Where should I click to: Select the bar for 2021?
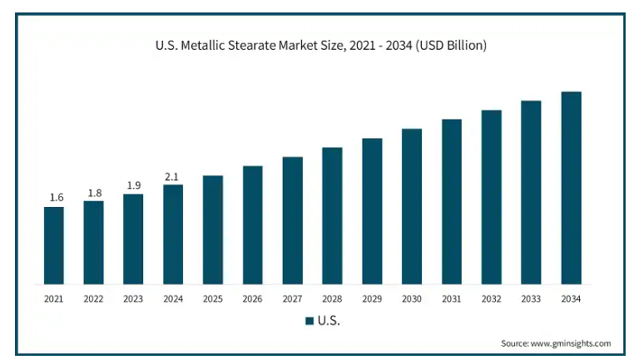tap(53, 244)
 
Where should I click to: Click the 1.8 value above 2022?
tap(95, 193)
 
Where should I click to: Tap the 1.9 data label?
tap(134, 185)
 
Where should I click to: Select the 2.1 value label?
tap(172, 176)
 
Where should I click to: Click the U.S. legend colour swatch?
tap(309, 320)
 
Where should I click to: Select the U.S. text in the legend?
tap(329, 320)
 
